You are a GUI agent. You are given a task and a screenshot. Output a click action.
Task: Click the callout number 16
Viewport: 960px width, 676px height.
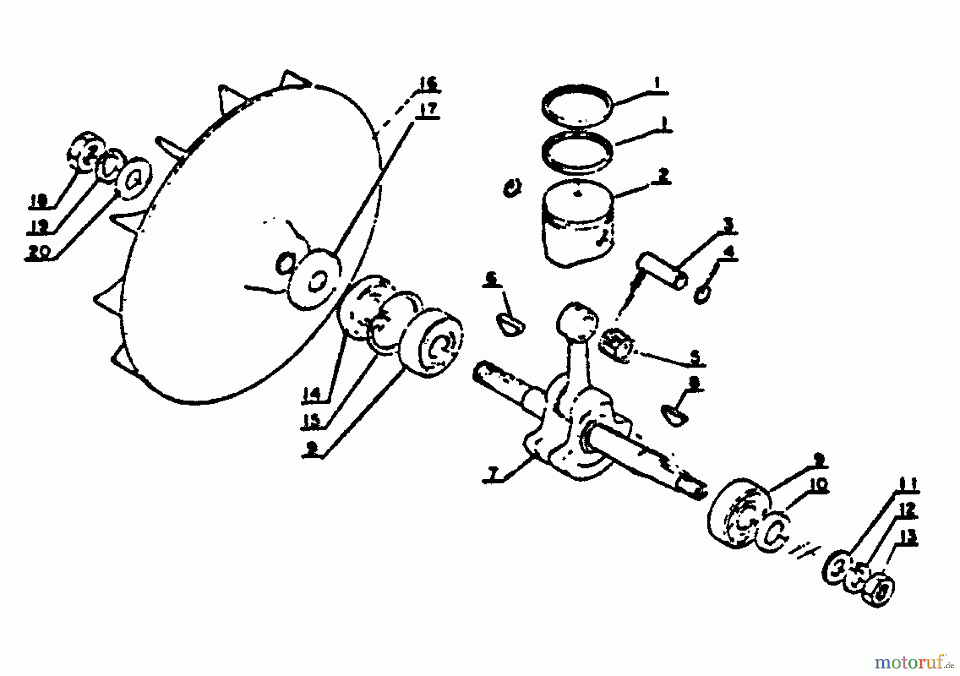(427, 84)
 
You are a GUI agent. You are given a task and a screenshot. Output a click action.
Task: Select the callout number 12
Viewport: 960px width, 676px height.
(906, 510)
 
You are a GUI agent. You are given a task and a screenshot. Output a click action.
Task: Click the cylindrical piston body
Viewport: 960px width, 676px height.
(577, 227)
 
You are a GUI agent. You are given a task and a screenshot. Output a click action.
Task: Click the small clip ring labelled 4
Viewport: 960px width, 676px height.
(702, 293)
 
